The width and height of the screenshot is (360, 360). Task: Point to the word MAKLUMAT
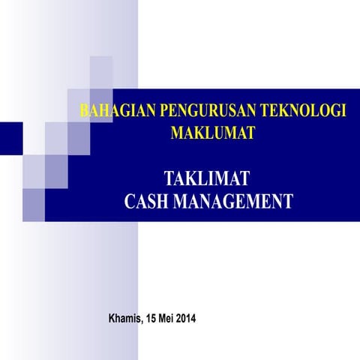tap(213, 134)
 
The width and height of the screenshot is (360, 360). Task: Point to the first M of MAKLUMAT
tap(178, 134)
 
